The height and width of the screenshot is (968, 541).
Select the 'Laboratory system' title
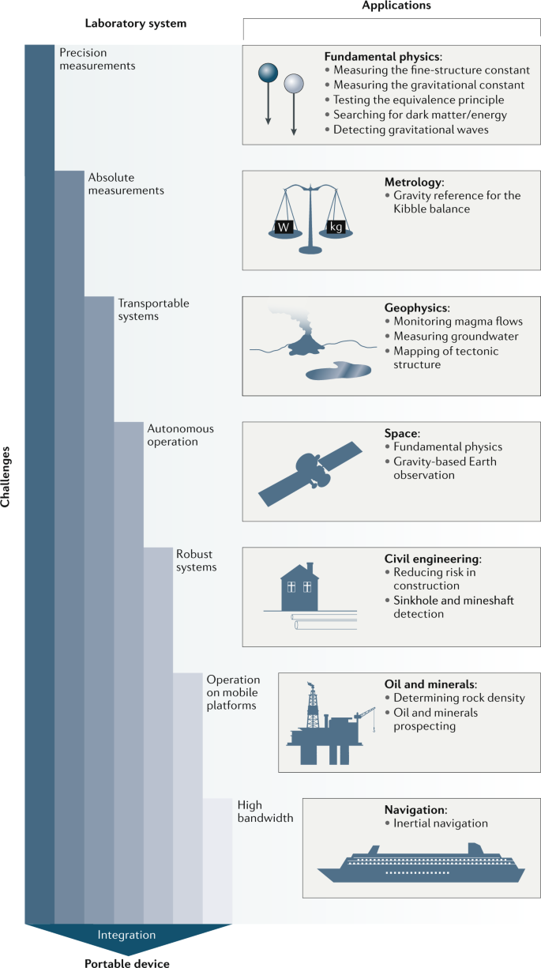click(148, 24)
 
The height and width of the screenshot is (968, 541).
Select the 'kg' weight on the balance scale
click(336, 228)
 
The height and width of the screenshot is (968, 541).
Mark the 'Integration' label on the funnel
click(126, 935)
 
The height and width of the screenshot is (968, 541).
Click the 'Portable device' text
click(126, 962)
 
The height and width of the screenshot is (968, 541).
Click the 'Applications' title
click(392, 6)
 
